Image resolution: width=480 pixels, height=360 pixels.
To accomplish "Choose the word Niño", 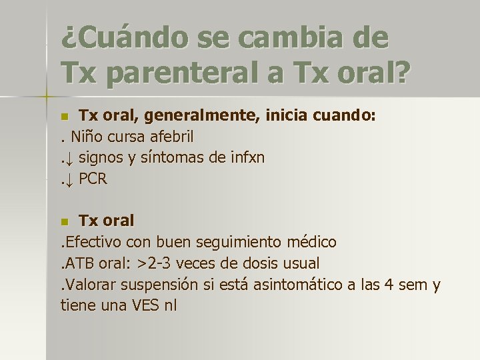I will [86, 137].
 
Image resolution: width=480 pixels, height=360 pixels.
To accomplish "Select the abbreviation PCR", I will [93, 179].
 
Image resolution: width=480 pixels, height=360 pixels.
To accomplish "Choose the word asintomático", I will [301, 285].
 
